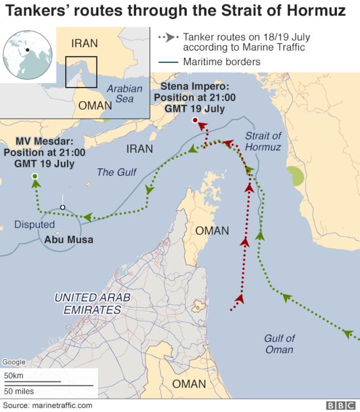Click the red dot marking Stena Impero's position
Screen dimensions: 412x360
pyautogui.click(x=195, y=120)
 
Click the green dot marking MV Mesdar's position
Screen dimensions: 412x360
pyautogui.click(x=35, y=176)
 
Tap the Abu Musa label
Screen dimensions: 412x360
pyautogui.click(x=69, y=240)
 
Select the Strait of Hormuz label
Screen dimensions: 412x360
pyautogui.click(x=262, y=142)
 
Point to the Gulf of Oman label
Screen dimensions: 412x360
pyautogui.click(x=279, y=344)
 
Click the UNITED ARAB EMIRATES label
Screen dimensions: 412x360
pyautogui.click(x=92, y=304)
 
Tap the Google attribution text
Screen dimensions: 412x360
pyautogui.click(x=14, y=362)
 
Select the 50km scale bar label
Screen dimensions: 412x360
pyautogui.click(x=14, y=376)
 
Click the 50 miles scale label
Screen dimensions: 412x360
pyautogui.click(x=18, y=391)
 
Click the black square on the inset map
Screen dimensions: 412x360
pyautogui.click(x=81, y=72)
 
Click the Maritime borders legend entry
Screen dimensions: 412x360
pyautogui.click(x=222, y=62)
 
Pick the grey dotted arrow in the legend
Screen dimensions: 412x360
pyautogui.click(x=167, y=37)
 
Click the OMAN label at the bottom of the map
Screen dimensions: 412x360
pyautogui.click(x=189, y=384)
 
